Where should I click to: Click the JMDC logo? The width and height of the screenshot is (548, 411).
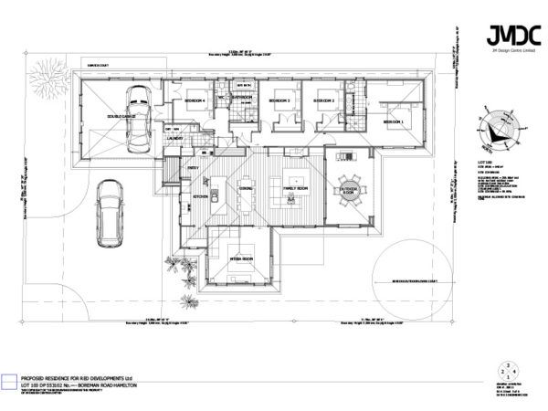pyautogui.click(x=506, y=36)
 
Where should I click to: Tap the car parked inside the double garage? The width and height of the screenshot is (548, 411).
pyautogui.click(x=140, y=120)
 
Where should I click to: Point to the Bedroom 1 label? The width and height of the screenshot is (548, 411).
pyautogui.click(x=394, y=121)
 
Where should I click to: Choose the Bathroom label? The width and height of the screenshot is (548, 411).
pyautogui.click(x=242, y=97)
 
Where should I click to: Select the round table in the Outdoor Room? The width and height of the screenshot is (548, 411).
pyautogui.click(x=350, y=189)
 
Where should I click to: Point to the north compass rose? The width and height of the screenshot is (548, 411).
pyautogui.click(x=497, y=129)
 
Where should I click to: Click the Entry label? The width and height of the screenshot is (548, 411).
pyautogui.click(x=193, y=168)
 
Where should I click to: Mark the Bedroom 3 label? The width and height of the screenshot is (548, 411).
pyautogui.click(x=279, y=101)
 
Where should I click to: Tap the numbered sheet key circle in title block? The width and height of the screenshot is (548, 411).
pyautogui.click(x=506, y=370)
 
